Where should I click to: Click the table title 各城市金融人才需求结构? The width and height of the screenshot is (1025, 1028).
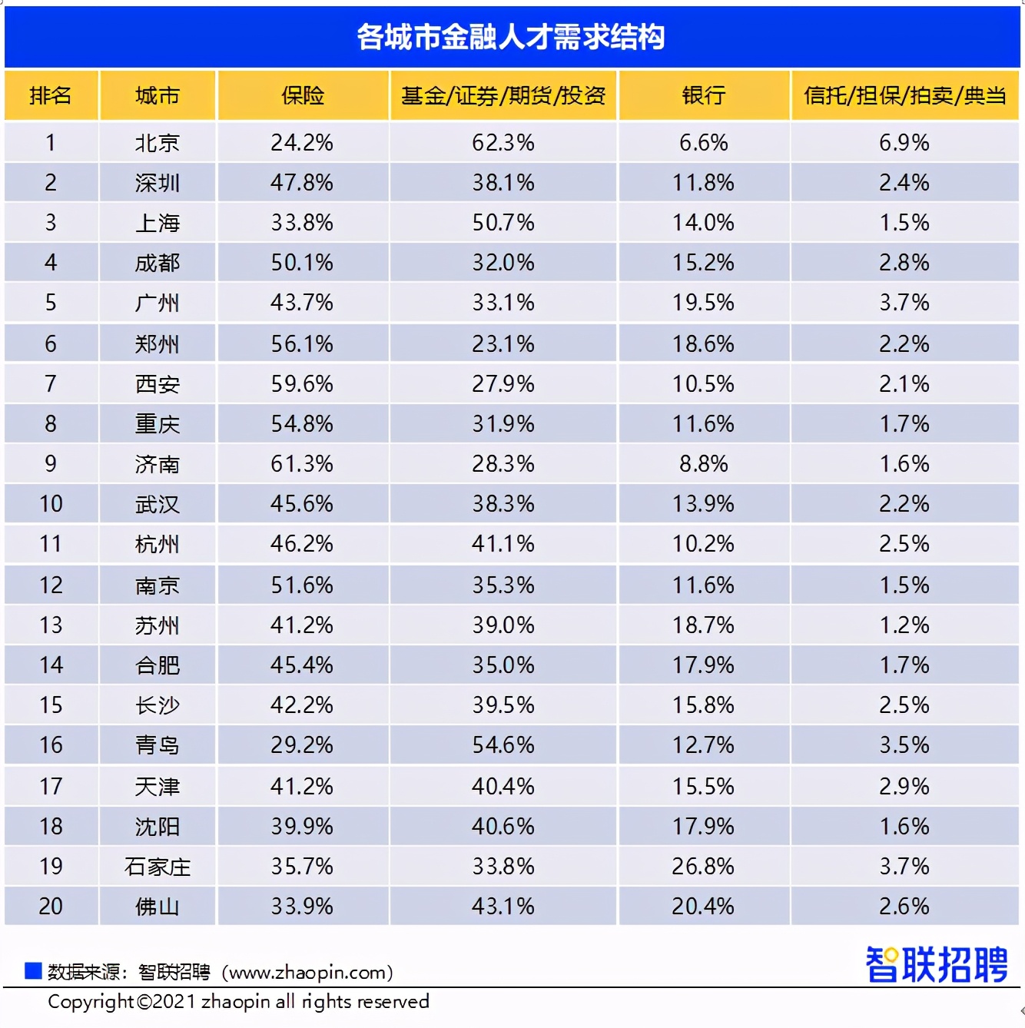(511, 37)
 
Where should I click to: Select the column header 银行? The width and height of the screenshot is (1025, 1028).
(703, 95)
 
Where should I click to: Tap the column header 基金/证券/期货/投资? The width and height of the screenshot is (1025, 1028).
(503, 95)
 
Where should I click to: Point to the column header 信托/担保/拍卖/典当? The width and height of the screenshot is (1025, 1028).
(904, 95)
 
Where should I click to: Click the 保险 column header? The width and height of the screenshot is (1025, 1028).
(302, 95)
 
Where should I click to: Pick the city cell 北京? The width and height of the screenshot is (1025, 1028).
(157, 143)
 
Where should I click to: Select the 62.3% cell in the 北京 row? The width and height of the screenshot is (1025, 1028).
(503, 143)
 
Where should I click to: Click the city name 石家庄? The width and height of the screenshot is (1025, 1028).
(157, 867)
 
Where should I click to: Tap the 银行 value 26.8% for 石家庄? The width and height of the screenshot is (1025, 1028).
(703, 867)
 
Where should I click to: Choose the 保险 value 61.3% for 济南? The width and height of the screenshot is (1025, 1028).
(302, 464)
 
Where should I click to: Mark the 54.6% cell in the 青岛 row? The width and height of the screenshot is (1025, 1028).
(503, 745)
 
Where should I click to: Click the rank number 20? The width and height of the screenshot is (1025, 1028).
(51, 907)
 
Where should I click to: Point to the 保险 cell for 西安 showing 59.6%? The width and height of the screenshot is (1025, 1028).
(302, 384)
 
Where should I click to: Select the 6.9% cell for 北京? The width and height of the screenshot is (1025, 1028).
(904, 143)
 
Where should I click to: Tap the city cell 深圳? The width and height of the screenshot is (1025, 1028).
(157, 183)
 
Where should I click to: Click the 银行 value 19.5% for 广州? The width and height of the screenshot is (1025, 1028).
(703, 303)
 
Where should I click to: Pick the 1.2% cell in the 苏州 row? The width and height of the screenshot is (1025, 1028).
(904, 625)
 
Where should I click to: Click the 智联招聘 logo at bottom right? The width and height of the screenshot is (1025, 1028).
(936, 965)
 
